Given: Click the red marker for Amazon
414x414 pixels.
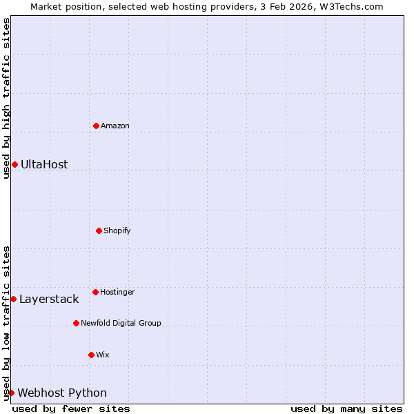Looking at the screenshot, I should click(96, 126).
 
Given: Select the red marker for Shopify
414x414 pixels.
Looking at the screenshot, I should click(99, 230).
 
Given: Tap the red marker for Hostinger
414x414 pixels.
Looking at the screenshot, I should click(95, 292).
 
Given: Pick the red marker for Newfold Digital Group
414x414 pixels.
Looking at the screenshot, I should click(76, 323).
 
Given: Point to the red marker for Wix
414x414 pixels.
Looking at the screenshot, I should click(91, 355).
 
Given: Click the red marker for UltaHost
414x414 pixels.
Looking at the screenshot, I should click(14, 164).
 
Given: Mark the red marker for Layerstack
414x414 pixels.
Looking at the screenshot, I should click(13, 299).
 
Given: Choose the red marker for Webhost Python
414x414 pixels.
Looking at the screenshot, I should click(11, 393).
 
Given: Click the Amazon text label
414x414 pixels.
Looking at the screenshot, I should click(115, 126).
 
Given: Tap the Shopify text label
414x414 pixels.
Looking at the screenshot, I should click(117, 230).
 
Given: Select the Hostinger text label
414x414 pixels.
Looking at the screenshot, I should click(117, 292).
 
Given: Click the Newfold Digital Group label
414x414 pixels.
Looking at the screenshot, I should click(121, 323).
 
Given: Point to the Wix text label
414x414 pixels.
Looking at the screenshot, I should click(103, 355).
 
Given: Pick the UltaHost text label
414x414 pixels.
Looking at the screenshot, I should click(44, 164).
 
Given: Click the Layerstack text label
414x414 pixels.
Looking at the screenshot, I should click(49, 299).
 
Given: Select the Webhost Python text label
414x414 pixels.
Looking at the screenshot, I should click(62, 393).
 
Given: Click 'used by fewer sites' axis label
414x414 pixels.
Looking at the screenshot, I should click(71, 408).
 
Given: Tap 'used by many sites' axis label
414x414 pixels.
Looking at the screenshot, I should click(346, 408).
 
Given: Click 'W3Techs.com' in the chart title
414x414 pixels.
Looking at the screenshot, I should click(355, 6).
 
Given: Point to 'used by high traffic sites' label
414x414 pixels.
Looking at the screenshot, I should click(6, 98).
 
